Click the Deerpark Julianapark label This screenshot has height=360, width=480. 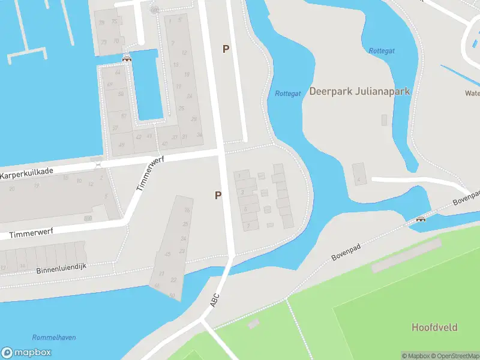[359, 91]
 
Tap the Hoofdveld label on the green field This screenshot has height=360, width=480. [434, 327]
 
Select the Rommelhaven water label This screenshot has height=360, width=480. [53, 338]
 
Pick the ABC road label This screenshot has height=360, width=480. [215, 300]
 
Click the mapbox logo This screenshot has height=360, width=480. [26, 353]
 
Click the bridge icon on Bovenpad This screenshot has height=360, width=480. [421, 219]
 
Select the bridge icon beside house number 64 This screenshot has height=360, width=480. [127, 58]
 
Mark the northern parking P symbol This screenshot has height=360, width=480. [226, 49]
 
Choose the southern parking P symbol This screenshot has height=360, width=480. [218, 195]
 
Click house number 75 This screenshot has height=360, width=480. [115, 21]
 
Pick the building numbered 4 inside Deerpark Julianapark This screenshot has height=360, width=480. [359, 180]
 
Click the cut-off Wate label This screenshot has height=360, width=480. [472, 93]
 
